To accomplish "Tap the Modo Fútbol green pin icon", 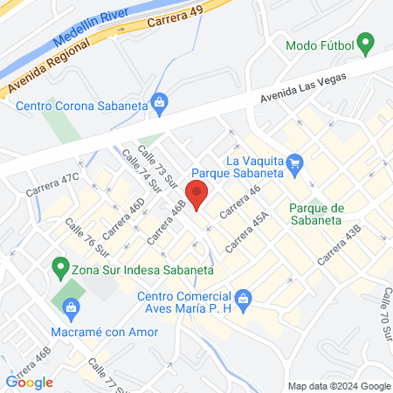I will click(x=367, y=42).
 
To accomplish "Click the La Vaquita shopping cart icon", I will click(x=295, y=162).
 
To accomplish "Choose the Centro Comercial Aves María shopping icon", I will click(x=245, y=301).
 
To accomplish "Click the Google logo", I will click(x=30, y=382).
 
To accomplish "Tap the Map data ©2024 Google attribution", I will click(x=340, y=386).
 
